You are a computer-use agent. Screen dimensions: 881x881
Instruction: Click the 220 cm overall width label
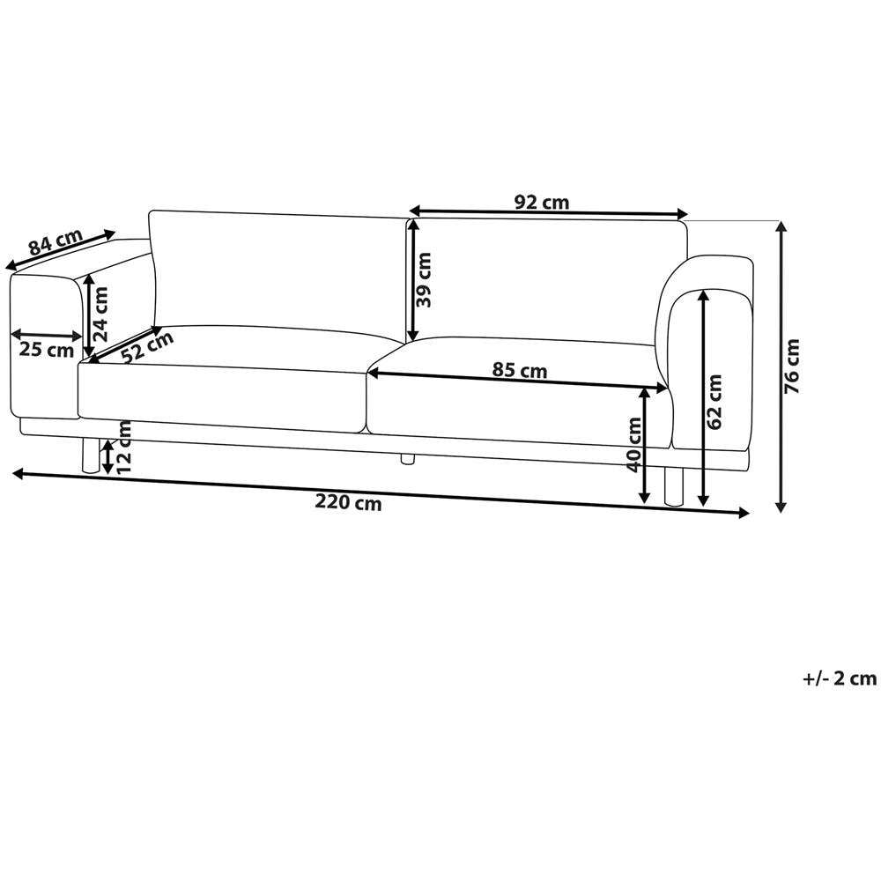348,502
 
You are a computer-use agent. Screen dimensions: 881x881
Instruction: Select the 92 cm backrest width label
542,202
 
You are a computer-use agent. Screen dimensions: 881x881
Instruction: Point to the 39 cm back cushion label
424,279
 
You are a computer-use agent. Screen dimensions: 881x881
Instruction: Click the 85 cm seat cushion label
519,370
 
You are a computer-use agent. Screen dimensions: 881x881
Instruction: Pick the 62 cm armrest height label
714,402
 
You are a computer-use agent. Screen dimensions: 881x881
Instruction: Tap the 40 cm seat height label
633,445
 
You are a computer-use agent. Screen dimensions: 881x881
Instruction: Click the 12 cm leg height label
123,448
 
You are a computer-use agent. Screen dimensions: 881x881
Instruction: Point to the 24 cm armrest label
100,315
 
